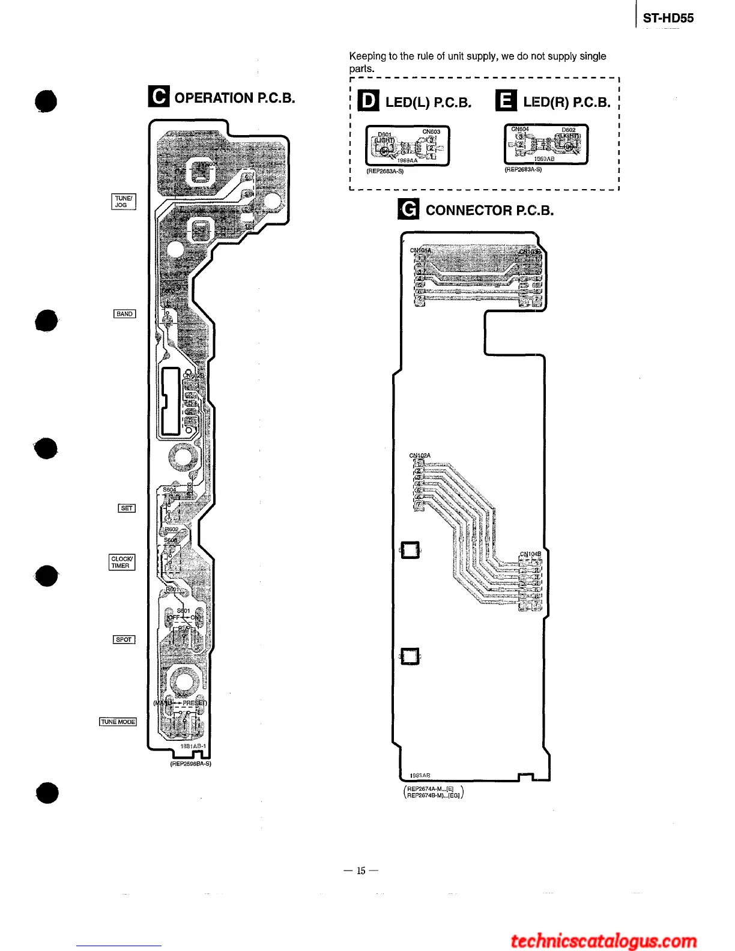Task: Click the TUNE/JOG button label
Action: click(x=124, y=202)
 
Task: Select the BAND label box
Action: click(x=125, y=314)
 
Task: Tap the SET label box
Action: click(x=127, y=509)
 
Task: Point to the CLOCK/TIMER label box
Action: click(x=122, y=563)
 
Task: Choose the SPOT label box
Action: click(x=124, y=640)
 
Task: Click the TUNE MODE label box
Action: click(x=118, y=722)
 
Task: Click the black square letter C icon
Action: click(x=159, y=97)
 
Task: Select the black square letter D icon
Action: click(x=368, y=101)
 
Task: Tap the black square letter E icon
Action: click(x=506, y=101)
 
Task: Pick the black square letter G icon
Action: click(x=408, y=210)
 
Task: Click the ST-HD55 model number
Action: click(x=668, y=18)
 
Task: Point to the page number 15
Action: click(x=361, y=871)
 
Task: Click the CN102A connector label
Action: click(x=420, y=456)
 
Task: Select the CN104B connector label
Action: click(x=530, y=554)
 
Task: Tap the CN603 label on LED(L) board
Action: click(x=431, y=132)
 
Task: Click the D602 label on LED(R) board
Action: click(x=568, y=130)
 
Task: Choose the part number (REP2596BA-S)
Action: click(x=190, y=764)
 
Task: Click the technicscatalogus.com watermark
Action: click(x=603, y=940)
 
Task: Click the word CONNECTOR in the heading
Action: click(x=469, y=210)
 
